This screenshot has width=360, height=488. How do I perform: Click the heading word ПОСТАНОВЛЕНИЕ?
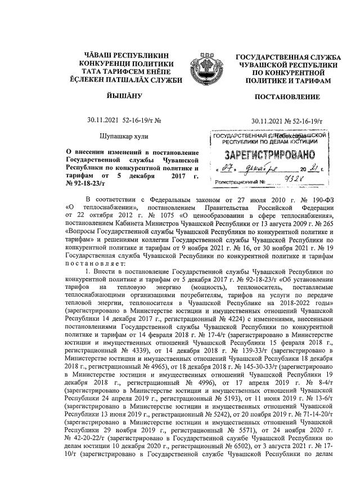click(287, 97)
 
